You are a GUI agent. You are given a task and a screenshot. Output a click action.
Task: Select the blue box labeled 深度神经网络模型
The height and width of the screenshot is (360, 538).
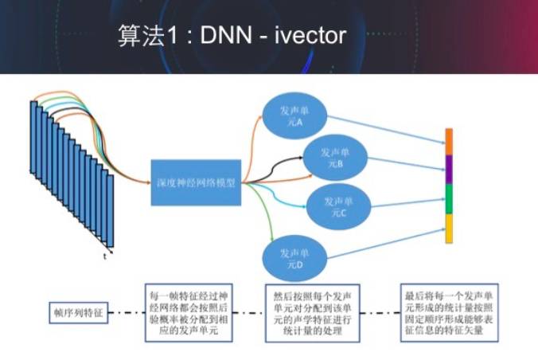point(197,182)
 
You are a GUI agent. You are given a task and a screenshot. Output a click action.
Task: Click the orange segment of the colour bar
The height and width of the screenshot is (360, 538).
point(448,140)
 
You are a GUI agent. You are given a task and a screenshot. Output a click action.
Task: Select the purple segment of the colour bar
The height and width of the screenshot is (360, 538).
point(448,168)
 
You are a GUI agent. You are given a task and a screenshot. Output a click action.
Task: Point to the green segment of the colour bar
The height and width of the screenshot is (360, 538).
point(448,198)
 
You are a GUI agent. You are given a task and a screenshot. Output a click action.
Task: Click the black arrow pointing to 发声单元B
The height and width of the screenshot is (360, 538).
point(275,166)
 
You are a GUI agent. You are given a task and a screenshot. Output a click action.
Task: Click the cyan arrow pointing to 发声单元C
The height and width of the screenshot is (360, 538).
point(279,196)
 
